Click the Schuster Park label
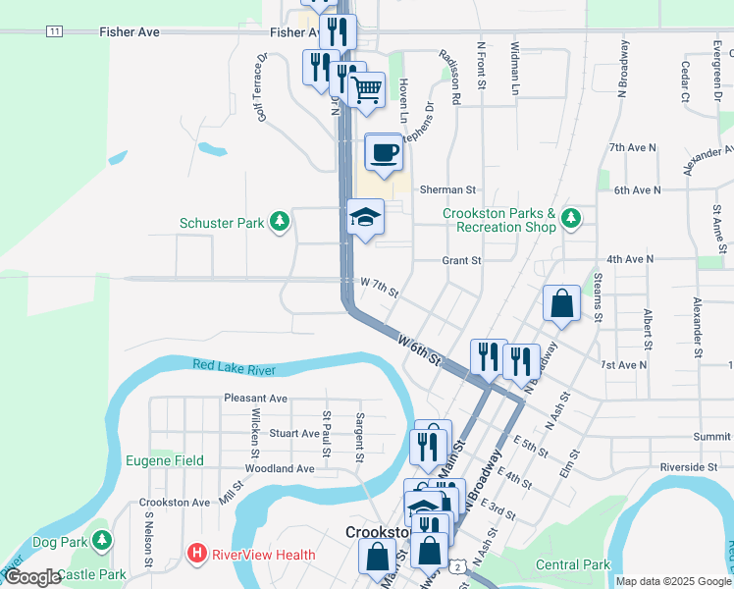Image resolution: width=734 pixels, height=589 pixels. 222,223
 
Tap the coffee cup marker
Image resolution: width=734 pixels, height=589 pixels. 384,152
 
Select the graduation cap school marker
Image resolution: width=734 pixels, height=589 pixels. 365,218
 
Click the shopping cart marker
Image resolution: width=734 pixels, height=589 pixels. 367,89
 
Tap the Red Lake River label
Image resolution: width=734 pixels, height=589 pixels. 235,367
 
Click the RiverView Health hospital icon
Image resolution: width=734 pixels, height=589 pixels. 196,555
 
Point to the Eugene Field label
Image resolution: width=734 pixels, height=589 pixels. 165,460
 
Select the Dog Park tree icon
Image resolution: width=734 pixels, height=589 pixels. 101,541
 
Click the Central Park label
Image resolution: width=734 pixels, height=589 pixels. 575,564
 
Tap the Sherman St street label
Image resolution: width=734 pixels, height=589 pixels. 447,189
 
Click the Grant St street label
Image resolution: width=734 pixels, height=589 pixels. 461,261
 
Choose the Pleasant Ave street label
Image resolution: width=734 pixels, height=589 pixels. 255,399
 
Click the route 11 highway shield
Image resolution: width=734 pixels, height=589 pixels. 54,31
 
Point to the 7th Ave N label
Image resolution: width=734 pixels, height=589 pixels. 632,147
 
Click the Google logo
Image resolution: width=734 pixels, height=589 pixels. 31,578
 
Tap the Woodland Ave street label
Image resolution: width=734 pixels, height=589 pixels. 280,469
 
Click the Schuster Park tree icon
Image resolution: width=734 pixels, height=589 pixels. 281,223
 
